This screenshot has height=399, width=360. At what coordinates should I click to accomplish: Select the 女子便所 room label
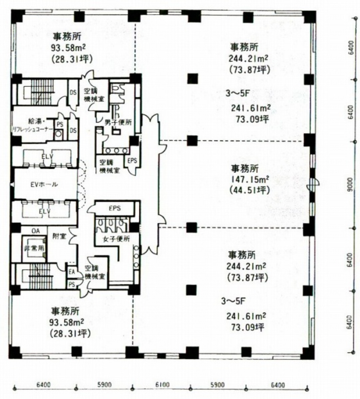(x=117, y=239)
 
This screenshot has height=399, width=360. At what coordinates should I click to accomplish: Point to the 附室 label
(x=59, y=237)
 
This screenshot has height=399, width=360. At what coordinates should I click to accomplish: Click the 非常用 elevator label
(x=34, y=248)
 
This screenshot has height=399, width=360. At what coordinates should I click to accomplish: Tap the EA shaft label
(x=72, y=272)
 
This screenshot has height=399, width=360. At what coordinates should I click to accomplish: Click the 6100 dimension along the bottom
(x=162, y=385)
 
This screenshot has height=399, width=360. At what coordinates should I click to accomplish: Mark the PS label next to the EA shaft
(x=72, y=284)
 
